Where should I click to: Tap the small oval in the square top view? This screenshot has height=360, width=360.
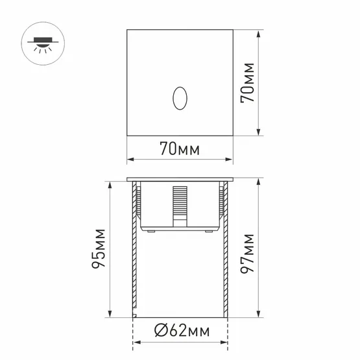(178, 98)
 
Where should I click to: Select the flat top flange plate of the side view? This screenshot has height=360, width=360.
(178, 179)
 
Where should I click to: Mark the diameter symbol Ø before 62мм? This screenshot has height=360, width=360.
(161, 333)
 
